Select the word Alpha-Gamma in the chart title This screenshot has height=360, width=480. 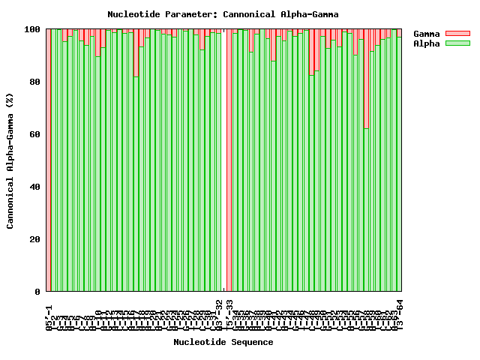coord(309,14)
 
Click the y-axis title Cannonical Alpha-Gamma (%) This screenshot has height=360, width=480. coord(10,160)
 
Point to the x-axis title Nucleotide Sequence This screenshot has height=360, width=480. coord(223,342)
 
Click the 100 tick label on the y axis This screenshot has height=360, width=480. coord(32,29)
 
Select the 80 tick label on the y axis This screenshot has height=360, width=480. coord(34,82)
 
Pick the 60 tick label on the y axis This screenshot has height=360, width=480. coord(34,134)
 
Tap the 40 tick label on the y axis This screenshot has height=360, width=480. coord(34,187)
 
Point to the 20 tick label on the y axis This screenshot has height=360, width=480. coord(34,239)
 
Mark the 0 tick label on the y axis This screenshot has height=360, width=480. coord(37,292)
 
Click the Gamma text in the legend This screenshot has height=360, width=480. coord(427,34)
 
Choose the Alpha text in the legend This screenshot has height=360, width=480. coord(427,43)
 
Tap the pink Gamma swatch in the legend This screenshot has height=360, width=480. coord(457,34)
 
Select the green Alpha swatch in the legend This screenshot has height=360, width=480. coord(457,43)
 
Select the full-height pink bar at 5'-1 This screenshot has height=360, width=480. coord(48,160)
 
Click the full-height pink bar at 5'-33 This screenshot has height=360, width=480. coord(229,160)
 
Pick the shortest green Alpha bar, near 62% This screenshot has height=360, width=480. coord(366,210)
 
